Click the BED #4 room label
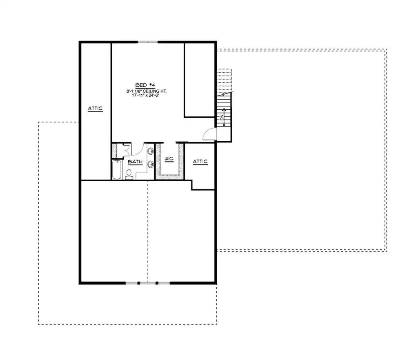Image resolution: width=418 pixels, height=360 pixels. [x=145, y=85]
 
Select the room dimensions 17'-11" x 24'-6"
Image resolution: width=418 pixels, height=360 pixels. [x=146, y=95]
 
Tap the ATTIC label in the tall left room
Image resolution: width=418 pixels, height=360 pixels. [x=95, y=109]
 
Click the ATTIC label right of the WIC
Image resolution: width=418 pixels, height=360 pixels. [x=200, y=162]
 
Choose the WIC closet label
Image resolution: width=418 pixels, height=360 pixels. [x=169, y=159]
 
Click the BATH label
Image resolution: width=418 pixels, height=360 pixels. [x=135, y=162]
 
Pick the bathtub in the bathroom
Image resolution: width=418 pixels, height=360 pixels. [x=117, y=169]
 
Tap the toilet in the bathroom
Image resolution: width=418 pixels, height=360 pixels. [x=129, y=174]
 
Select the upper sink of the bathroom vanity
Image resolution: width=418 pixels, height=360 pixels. [x=151, y=152]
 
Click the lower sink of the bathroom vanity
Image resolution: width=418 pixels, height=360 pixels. [x=151, y=164]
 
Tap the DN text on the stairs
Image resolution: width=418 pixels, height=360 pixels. [x=222, y=117]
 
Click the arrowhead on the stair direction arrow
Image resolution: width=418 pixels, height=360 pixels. [x=224, y=109]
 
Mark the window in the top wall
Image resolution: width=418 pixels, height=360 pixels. [x=148, y=42]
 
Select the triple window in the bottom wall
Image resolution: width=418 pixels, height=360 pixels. [x=148, y=283]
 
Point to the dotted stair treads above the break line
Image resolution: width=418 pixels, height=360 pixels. [x=224, y=81]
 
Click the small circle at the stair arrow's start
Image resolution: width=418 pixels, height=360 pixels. [x=224, y=125]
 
